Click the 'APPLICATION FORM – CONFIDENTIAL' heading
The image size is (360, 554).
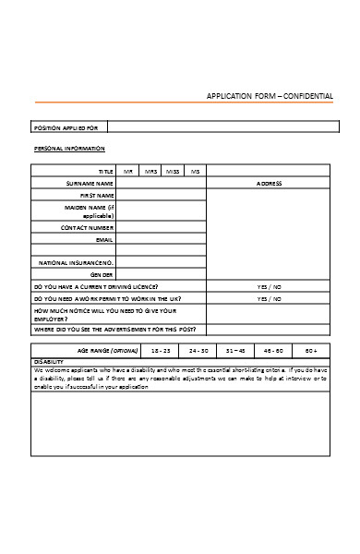click(270, 96)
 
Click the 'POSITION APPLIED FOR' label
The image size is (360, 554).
click(71, 126)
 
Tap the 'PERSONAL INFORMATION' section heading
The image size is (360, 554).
click(69, 149)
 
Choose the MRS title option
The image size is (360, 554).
click(150, 172)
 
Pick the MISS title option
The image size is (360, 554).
click(173, 172)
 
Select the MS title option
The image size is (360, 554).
click(195, 172)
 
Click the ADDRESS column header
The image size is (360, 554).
click(269, 184)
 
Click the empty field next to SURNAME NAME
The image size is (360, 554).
click(161, 184)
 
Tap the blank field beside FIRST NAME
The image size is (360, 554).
click(161, 196)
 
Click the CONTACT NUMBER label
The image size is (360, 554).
click(88, 227)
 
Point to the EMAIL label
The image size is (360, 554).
click(104, 239)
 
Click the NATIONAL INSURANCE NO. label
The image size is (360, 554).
click(77, 263)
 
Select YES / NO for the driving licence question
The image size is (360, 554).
click(269, 287)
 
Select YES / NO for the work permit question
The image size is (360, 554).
click(269, 299)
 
